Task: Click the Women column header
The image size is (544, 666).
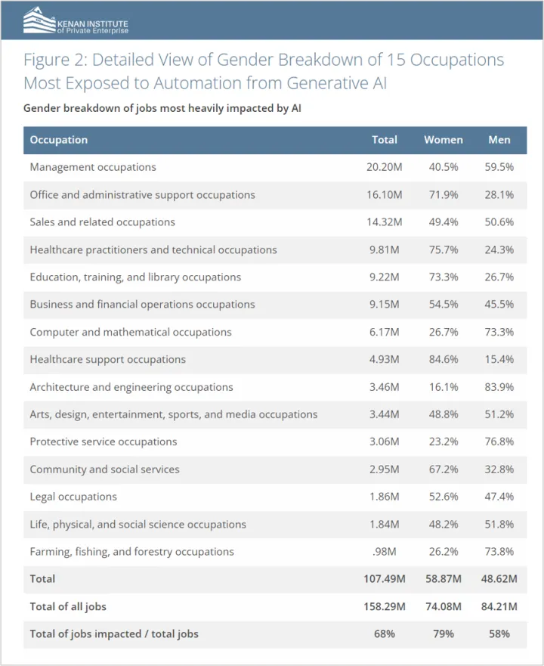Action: click(x=444, y=140)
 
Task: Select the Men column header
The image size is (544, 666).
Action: click(x=499, y=140)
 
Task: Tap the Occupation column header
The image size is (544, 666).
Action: click(x=59, y=140)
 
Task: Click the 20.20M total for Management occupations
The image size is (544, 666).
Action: click(x=385, y=167)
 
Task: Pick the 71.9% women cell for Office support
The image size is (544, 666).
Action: click(x=444, y=195)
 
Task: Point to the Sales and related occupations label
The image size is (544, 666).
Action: click(x=103, y=222)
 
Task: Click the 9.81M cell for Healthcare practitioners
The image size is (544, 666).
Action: click(x=385, y=249)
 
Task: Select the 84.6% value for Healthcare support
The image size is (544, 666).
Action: click(x=444, y=359)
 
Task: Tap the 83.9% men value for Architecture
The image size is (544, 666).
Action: click(x=499, y=387)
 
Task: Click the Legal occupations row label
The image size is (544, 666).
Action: click(x=73, y=497)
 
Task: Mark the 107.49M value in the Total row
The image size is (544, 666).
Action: click(x=385, y=579)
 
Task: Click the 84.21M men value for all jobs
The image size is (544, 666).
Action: click(x=499, y=606)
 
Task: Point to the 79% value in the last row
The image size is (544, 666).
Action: click(x=444, y=633)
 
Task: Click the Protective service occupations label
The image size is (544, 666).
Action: click(x=104, y=441)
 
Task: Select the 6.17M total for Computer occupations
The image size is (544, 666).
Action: click(x=385, y=332)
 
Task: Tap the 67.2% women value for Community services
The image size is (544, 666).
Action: click(x=444, y=469)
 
